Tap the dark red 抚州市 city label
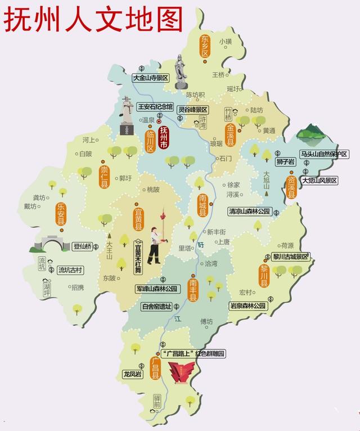(x=164, y=138)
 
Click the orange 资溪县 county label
(x=291, y=186)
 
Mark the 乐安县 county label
(x=61, y=214)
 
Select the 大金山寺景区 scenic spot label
(x=151, y=78)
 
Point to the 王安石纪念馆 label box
(x=156, y=106)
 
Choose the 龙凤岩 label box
(x=133, y=374)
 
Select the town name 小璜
(x=226, y=42)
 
